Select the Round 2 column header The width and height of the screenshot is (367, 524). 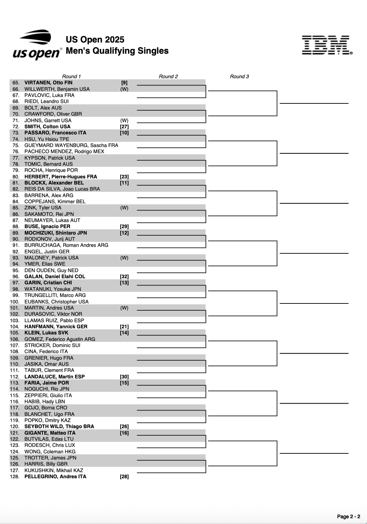pos(168,76)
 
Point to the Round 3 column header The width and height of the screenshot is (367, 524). pos(239,76)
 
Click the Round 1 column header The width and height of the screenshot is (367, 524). pos(71,76)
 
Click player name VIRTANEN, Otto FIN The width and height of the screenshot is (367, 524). pos(48,83)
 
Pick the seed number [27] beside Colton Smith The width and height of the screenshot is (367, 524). pos(124,126)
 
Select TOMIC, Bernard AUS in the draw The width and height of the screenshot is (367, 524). pos(48,164)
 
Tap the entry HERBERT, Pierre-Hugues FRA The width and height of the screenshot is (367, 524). pos(60,177)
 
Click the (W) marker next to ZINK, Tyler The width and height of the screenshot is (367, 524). pos(124,208)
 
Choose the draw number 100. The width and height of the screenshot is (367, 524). pos(15,302)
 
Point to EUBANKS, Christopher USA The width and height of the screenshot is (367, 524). pos(56,302)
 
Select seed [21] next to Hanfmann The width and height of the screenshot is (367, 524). pos(124,327)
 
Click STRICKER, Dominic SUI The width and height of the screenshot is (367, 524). pos(52,345)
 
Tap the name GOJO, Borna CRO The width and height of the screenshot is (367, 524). pos(46,408)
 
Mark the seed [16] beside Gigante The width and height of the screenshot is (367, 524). pos(124,433)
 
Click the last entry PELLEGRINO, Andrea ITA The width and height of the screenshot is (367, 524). pos(55,476)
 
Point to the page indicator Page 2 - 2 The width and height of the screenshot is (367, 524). pos(348,516)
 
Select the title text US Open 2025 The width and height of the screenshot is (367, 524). pos(95,40)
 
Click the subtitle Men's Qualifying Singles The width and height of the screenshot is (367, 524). pos(117,51)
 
